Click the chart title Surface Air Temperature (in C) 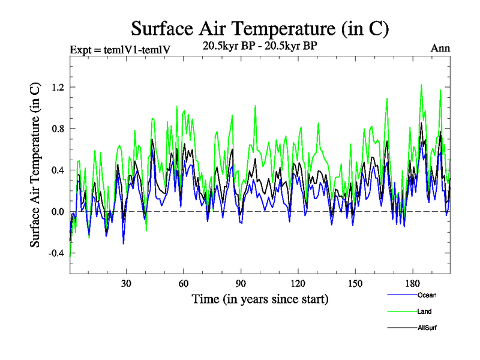coord(260,28)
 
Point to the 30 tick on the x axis coord(126,283)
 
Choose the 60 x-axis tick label coord(183,283)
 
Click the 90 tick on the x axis coord(241,283)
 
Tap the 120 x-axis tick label coord(298,283)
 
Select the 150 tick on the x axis coord(355,283)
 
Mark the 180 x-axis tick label coord(412,283)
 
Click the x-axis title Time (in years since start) coord(260,299)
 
